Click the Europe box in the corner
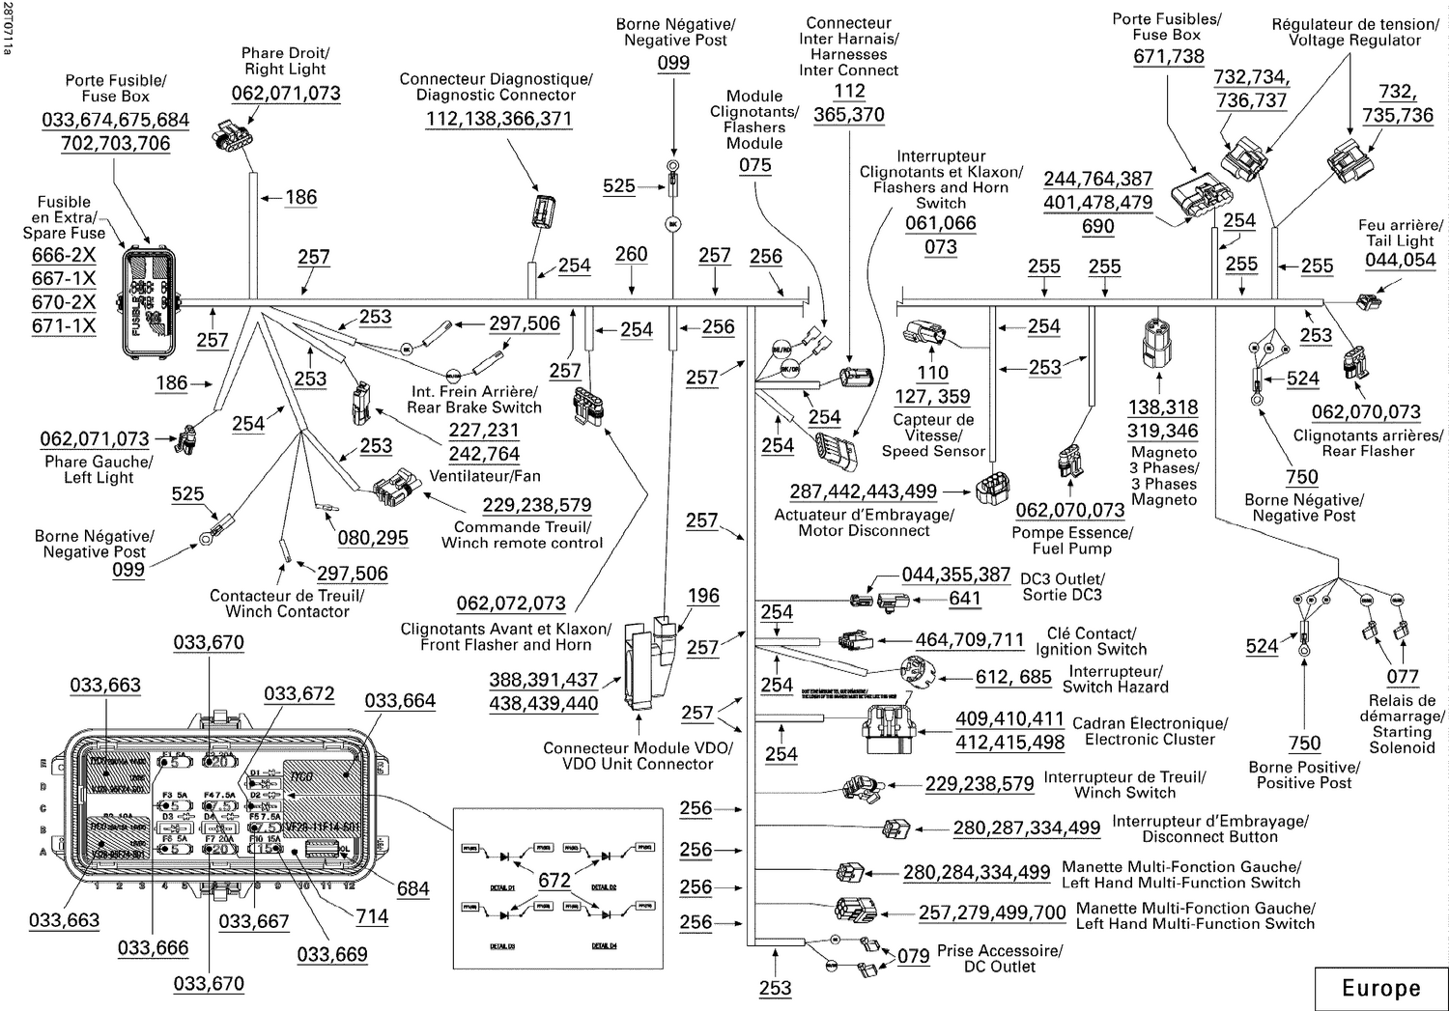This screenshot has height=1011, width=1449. point(1380,988)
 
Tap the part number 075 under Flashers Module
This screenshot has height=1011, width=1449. point(754,165)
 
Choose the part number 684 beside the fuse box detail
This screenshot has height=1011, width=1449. point(412,888)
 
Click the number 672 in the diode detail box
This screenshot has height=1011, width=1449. point(554,880)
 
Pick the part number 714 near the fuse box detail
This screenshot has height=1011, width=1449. point(372,916)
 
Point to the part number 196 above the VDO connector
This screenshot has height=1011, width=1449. point(703,596)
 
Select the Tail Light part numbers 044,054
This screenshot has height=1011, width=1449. point(1400,260)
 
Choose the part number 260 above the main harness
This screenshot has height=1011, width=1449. point(631,254)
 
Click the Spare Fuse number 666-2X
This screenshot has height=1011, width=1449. point(64,255)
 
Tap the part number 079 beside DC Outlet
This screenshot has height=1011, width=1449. point(913,956)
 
